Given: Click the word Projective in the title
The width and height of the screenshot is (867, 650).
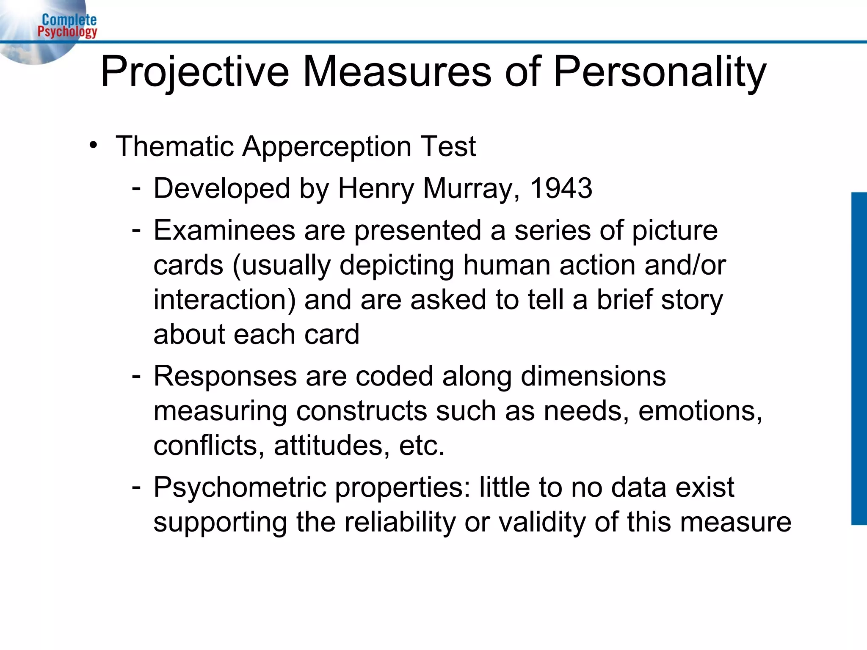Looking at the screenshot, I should pyautogui.click(x=195, y=72).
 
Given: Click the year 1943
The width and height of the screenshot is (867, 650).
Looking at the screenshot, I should pyautogui.click(x=561, y=188).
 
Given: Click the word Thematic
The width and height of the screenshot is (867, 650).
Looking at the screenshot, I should pyautogui.click(x=175, y=146).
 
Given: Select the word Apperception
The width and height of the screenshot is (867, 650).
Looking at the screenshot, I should pyautogui.click(x=327, y=146).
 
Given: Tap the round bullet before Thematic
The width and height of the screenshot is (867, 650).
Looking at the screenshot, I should pyautogui.click(x=94, y=145).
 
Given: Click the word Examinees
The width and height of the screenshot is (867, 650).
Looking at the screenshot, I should pyautogui.click(x=224, y=231).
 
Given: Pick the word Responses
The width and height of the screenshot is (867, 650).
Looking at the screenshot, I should pyautogui.click(x=225, y=376).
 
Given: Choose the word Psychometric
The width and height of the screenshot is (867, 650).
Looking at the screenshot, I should pyautogui.click(x=240, y=487).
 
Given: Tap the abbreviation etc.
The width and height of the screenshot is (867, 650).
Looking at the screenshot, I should pyautogui.click(x=422, y=446).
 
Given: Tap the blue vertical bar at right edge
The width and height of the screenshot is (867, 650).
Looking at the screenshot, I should pyautogui.click(x=859, y=358).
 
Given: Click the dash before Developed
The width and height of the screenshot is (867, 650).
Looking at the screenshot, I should pyautogui.click(x=136, y=187).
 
